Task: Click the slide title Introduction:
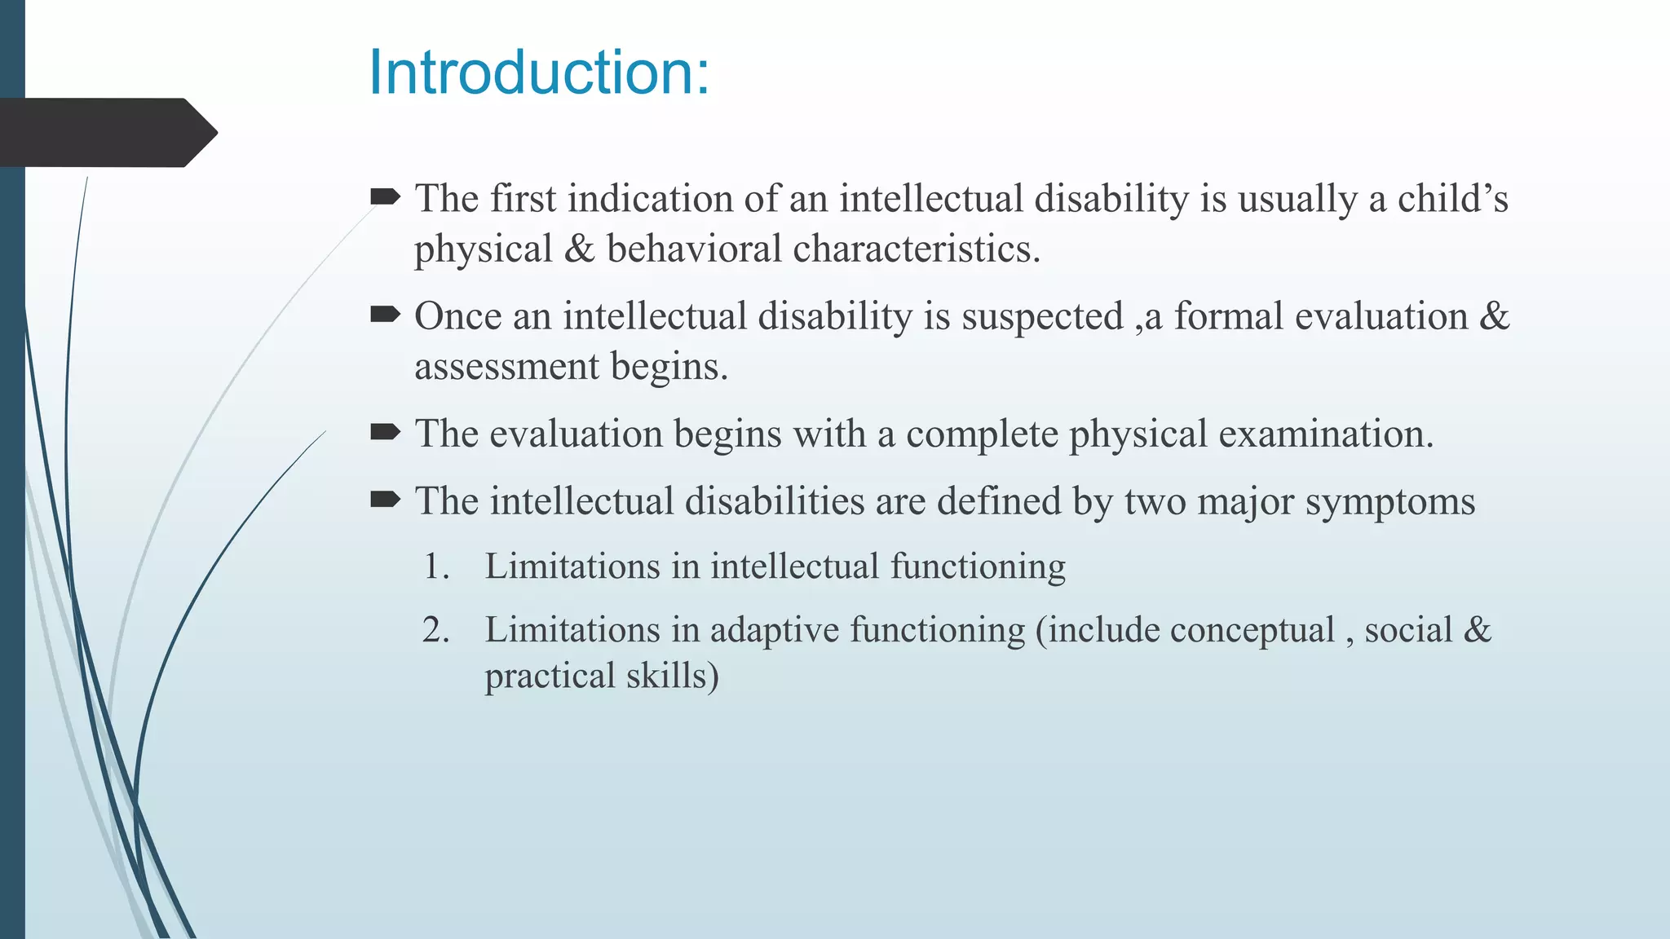click(x=539, y=73)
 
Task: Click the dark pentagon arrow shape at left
click(x=106, y=133)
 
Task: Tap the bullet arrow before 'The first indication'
click(x=385, y=196)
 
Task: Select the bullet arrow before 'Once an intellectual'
click(x=385, y=314)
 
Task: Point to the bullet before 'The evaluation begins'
click(x=385, y=431)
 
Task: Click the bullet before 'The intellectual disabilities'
click(x=385, y=499)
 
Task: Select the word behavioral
click(x=694, y=249)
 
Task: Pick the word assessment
click(x=506, y=368)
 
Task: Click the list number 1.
click(x=435, y=566)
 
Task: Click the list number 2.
click(x=435, y=630)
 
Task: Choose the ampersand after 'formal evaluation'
click(x=1494, y=316)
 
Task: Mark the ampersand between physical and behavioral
click(x=579, y=249)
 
